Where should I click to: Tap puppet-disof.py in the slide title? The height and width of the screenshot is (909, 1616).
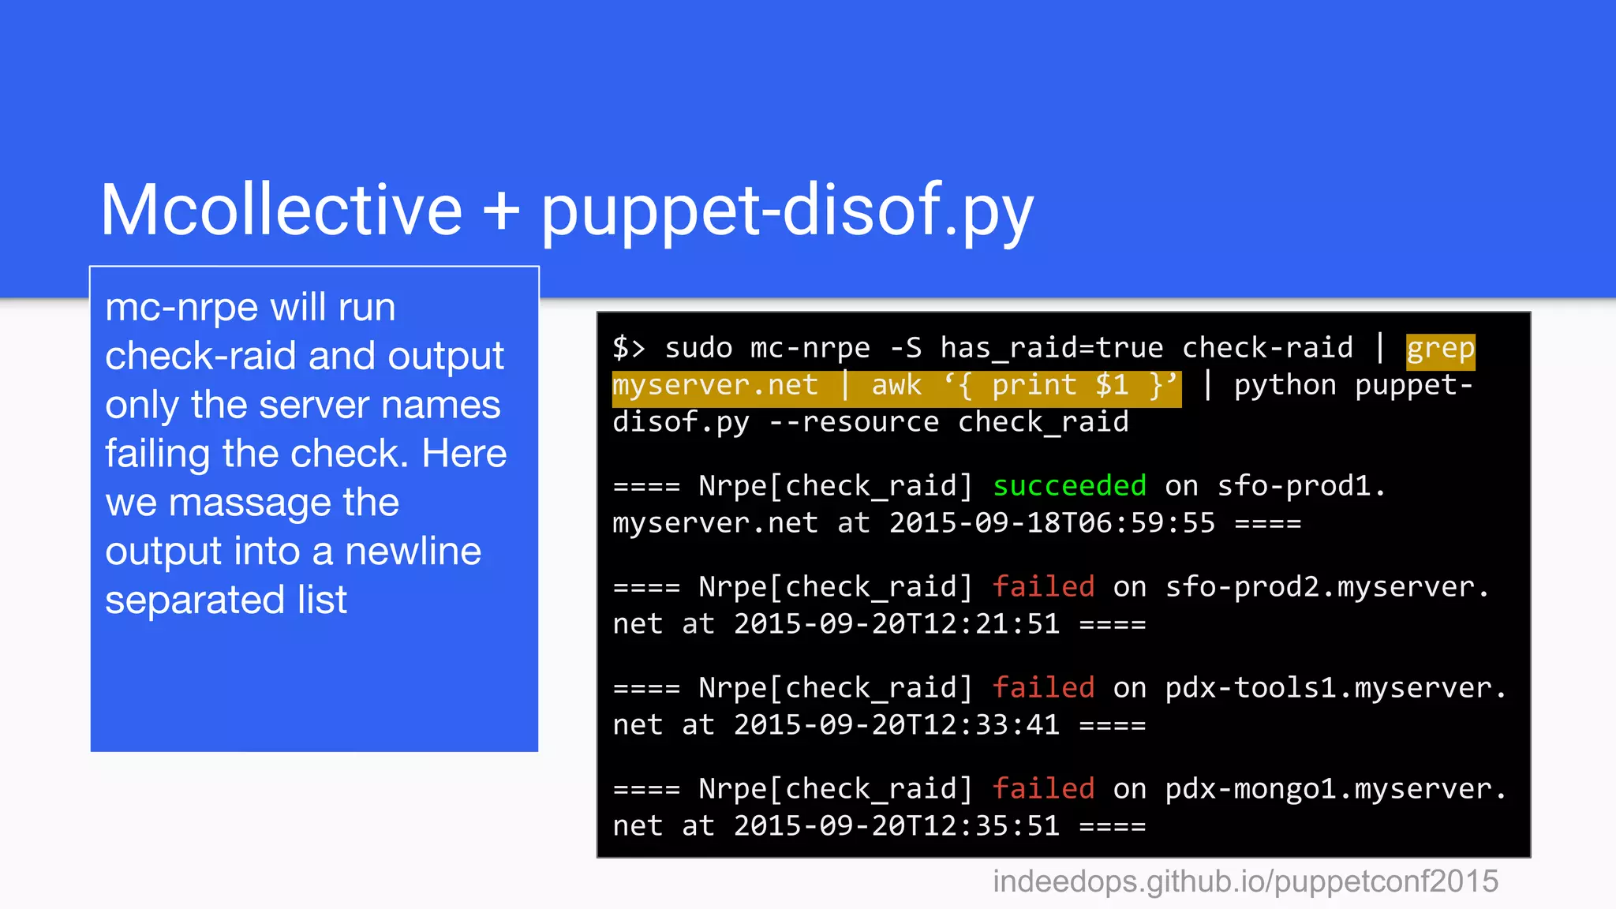[x=787, y=211]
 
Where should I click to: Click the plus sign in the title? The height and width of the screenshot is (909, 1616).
[x=501, y=211]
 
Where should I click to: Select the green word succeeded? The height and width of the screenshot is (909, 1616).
[x=1069, y=485]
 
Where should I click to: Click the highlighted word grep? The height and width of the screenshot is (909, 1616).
[x=1440, y=348]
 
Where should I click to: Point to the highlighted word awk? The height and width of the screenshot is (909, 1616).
[x=896, y=385]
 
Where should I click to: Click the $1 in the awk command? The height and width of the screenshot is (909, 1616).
[x=1112, y=385]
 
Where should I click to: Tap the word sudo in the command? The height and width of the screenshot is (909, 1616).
[x=698, y=348]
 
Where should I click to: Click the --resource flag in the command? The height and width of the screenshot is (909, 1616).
[x=854, y=422]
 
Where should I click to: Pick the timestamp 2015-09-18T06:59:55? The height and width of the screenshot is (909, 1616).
[x=1052, y=523]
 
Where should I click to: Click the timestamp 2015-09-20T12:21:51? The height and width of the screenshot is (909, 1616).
[x=896, y=624]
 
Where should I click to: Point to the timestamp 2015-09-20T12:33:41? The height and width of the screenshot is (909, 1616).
[x=896, y=725]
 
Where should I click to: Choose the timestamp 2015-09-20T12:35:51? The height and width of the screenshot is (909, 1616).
[x=896, y=826]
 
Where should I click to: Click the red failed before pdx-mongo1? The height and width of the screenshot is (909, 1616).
[x=1043, y=788]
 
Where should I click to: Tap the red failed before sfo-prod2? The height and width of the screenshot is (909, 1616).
[x=1043, y=586]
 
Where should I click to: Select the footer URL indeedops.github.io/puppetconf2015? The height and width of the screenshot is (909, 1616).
[x=1245, y=881]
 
